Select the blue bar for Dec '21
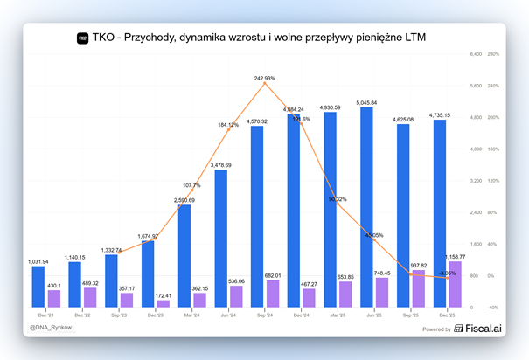(38, 287)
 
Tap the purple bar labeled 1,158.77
(455, 284)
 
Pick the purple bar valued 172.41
(163, 303)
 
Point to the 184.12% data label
(227, 125)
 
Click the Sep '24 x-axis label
(265, 315)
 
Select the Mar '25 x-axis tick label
(338, 315)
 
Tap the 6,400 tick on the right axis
(476, 54)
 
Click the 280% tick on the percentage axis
(493, 54)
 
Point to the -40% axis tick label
(492, 308)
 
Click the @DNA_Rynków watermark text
(51, 329)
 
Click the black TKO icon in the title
(83, 38)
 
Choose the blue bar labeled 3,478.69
(221, 239)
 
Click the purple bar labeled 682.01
(272, 294)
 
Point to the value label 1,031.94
(38, 261)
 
